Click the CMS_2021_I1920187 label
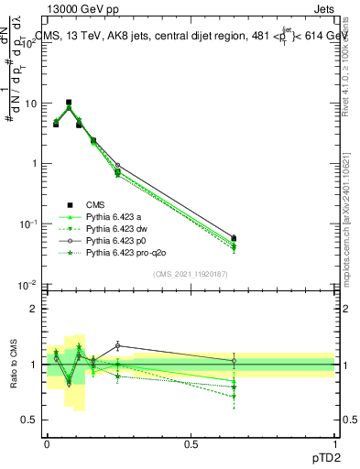tap(191, 273)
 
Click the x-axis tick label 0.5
tap(191, 443)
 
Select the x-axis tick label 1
tap(334, 443)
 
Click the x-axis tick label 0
tap(47, 443)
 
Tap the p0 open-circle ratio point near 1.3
tap(117, 345)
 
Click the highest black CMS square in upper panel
tap(69, 103)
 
